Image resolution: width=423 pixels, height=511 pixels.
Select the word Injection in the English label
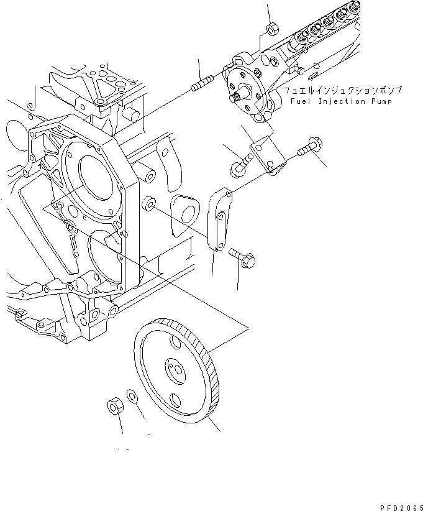pos(340,101)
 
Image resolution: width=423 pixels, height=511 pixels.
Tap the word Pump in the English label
pos(380,101)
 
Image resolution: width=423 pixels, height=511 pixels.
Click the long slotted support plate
pos(218,221)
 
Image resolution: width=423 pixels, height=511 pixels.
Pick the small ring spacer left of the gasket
pos(149,205)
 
